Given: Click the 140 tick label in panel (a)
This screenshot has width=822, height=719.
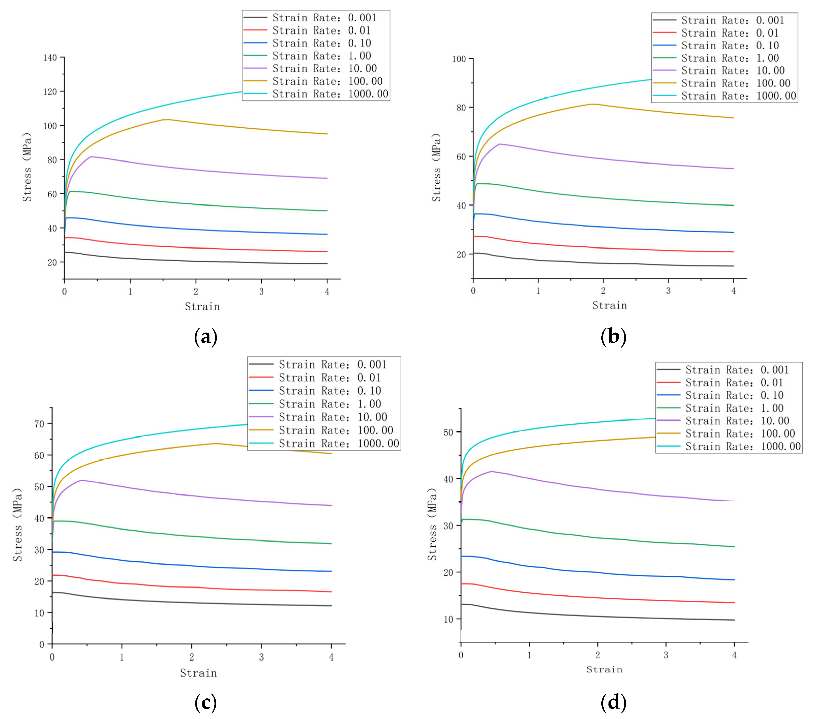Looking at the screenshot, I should tap(50, 58).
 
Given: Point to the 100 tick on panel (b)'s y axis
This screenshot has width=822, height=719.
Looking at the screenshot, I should tap(459, 59).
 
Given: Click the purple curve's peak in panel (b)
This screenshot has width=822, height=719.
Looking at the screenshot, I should tap(499, 144).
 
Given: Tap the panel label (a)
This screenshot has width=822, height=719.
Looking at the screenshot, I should tap(205, 336).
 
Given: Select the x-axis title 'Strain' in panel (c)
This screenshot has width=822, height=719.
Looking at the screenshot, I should tap(198, 673).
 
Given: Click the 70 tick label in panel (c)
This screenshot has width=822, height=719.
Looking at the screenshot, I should tap(39, 424).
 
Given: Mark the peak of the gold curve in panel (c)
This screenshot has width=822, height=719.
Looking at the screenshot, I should tap(216, 443).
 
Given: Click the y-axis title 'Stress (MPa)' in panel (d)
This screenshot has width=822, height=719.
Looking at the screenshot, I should tap(432, 525).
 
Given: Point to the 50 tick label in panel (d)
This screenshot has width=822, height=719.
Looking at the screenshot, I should tap(449, 432).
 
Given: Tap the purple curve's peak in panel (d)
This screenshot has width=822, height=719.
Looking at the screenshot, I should tap(491, 471).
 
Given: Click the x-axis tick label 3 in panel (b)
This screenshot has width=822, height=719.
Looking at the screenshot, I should tap(668, 291).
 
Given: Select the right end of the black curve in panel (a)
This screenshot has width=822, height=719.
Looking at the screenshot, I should tap(327, 264).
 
